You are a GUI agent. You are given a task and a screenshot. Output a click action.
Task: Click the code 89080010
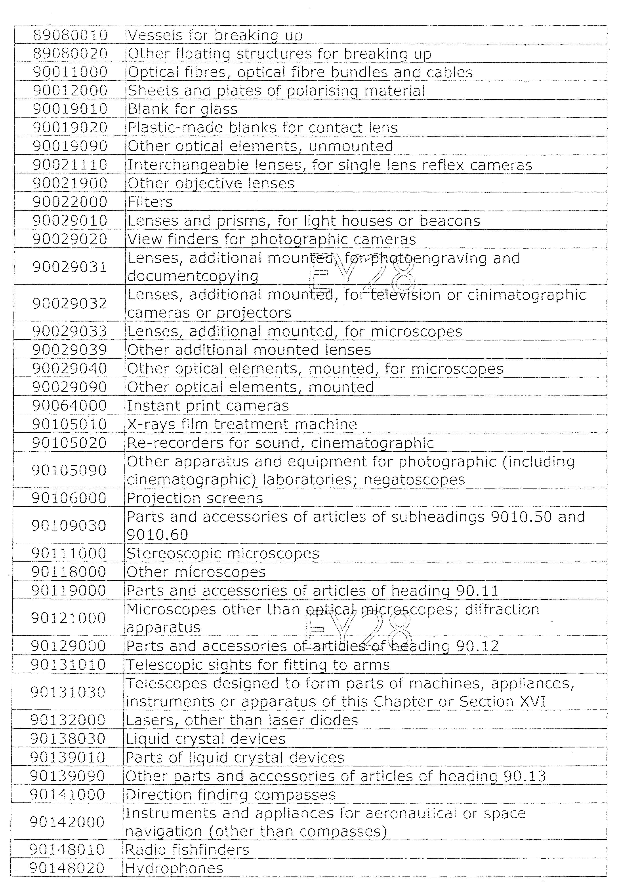(x=70, y=35)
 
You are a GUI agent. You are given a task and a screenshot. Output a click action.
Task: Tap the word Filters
(x=150, y=202)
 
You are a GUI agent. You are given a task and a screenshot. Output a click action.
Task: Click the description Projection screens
(x=195, y=498)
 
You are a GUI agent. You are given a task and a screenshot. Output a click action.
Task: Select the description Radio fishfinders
(x=187, y=850)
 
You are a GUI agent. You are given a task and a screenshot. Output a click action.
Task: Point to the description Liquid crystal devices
(x=206, y=739)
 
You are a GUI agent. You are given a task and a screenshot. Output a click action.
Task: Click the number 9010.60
(x=158, y=535)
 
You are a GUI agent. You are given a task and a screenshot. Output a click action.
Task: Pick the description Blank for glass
(x=183, y=109)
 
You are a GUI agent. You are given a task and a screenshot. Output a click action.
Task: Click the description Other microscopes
(x=196, y=572)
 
